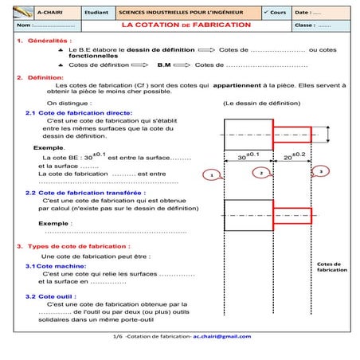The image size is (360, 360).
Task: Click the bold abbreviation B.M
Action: pyautogui.click(x=164, y=65)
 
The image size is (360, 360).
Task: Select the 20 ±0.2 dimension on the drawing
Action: pyautogui.click(x=294, y=157)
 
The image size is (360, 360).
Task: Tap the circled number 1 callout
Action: pyautogui.click(x=210, y=174)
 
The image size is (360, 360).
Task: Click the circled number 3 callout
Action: pyautogui.click(x=319, y=170)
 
